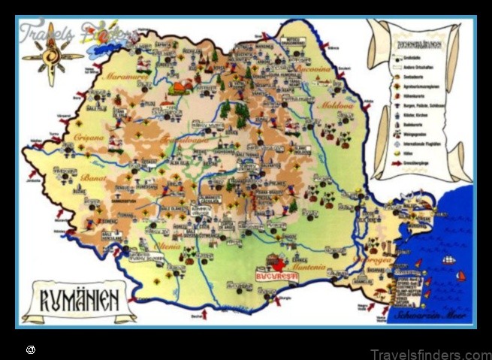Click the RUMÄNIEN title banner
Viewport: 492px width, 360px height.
[79, 301]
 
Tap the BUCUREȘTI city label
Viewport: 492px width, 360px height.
[276, 276]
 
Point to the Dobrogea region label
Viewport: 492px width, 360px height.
[379, 260]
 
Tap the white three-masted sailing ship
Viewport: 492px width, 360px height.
[449, 259]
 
